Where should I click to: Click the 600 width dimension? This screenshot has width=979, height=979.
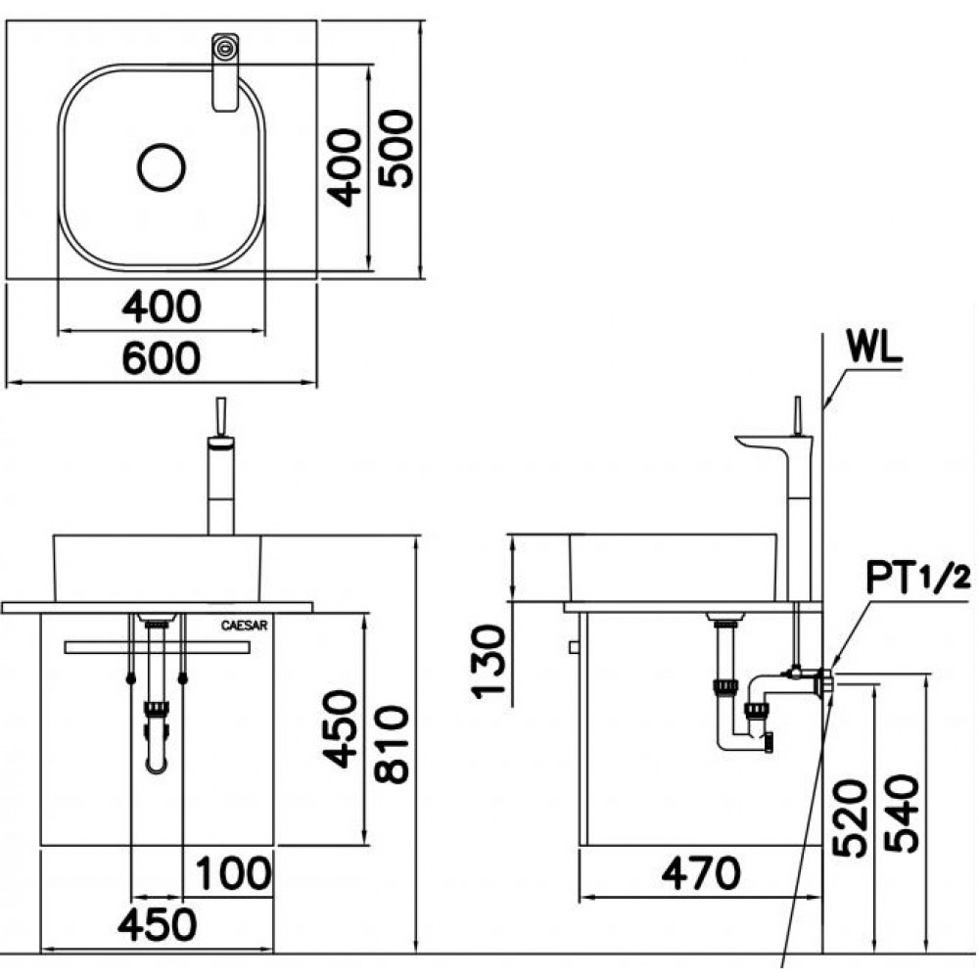point(162,358)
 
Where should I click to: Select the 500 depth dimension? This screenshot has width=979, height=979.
point(396,149)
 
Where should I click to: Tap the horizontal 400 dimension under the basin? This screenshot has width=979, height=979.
point(162,307)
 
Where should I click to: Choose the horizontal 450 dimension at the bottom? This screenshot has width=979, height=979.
point(159,923)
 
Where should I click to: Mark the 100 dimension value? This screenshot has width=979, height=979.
point(233,873)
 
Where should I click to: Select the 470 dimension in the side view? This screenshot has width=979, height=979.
point(701,873)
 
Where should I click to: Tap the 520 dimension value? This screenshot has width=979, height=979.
point(848,818)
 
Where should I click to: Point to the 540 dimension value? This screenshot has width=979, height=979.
point(901,815)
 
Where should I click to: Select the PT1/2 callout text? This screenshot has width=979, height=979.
point(918,579)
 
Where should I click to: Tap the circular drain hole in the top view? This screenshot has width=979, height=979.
point(162,167)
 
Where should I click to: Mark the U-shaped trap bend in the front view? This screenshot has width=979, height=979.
point(157,759)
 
